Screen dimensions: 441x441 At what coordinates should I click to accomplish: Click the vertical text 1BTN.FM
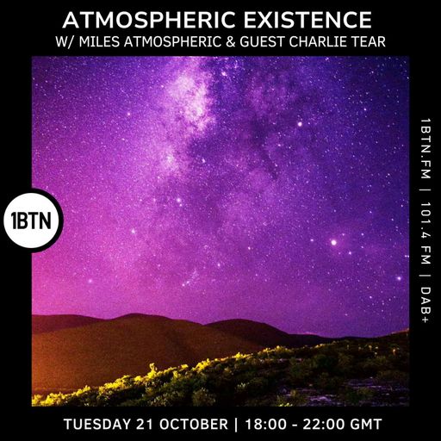pyautogui.click(x=423, y=147)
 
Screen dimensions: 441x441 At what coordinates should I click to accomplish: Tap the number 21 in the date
pyautogui.click(x=152, y=424)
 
